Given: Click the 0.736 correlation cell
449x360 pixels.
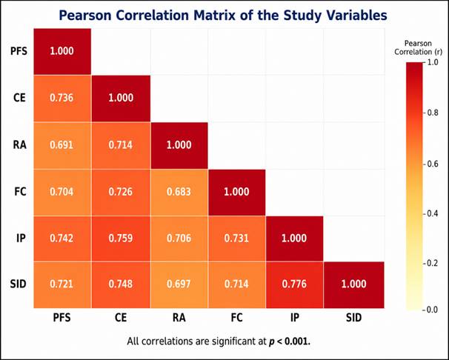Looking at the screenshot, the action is [x=62, y=99].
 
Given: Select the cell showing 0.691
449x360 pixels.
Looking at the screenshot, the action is [x=62, y=145].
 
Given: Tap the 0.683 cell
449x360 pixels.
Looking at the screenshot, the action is [x=179, y=192].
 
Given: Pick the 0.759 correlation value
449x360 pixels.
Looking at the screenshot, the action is [x=121, y=239].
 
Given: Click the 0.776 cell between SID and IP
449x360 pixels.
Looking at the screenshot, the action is [x=294, y=284].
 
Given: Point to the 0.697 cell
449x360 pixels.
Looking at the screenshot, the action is [x=179, y=284].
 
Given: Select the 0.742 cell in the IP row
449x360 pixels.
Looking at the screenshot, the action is [x=62, y=239].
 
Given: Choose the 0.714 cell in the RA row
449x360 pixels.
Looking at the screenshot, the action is [x=121, y=145].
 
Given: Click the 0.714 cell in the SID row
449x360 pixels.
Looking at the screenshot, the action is [x=237, y=284].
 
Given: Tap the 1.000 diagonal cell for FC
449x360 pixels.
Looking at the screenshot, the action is [x=237, y=192].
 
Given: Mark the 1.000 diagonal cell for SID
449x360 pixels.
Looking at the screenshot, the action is [x=354, y=284].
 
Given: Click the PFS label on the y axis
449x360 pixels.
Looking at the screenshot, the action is [x=19, y=51].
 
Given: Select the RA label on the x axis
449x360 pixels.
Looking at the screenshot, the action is [x=179, y=318].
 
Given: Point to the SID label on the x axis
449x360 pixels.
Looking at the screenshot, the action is [x=354, y=318].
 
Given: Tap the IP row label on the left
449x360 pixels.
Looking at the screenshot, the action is [x=21, y=238].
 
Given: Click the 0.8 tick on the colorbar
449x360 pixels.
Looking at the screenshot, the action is [x=430, y=113].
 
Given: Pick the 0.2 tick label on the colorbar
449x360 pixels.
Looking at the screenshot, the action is [x=430, y=263].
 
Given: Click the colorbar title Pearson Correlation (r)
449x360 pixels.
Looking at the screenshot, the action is [x=418, y=48].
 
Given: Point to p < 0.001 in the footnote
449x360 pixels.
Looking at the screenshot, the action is [x=289, y=341].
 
